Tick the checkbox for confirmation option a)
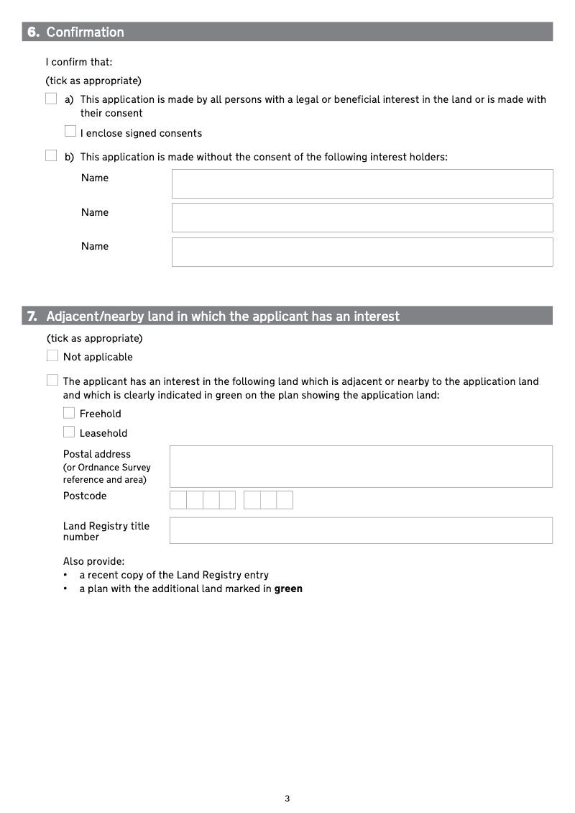(x=51, y=99)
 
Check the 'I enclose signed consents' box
(x=70, y=132)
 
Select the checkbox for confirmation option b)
(x=51, y=156)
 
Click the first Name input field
(x=362, y=183)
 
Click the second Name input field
(x=362, y=217)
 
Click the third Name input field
(x=362, y=252)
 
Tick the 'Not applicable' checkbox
(x=52, y=355)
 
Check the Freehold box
(x=69, y=413)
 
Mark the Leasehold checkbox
(x=69, y=432)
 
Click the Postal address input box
(x=361, y=466)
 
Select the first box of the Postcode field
(x=178, y=500)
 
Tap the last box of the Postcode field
(x=285, y=500)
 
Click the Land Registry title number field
(x=361, y=530)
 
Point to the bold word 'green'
(x=288, y=589)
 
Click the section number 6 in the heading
(x=33, y=32)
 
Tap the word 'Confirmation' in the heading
(x=85, y=32)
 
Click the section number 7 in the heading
(x=32, y=316)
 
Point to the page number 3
(x=287, y=798)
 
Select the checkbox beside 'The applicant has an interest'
(x=52, y=381)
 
